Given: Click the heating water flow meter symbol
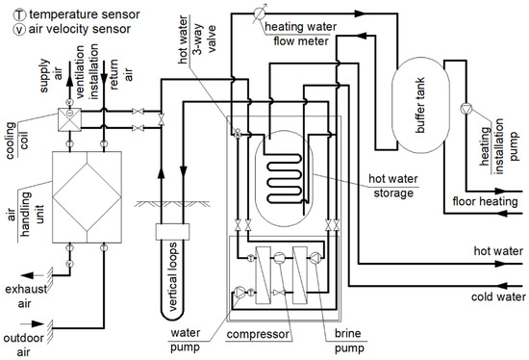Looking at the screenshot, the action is (260, 13).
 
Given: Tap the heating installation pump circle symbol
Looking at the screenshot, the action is (466, 109).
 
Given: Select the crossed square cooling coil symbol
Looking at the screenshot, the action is (69, 119).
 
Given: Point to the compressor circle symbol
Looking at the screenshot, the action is (279, 258).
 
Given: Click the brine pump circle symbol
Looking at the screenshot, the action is (315, 258).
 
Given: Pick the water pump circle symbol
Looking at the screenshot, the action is (239, 293).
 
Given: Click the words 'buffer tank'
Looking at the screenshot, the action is (420, 105).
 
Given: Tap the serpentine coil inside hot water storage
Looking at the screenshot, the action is (284, 178).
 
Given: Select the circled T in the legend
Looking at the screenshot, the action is (19, 14).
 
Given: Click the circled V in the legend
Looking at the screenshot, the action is (19, 30).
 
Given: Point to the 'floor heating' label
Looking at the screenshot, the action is (485, 201).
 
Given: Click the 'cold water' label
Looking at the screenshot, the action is (498, 296).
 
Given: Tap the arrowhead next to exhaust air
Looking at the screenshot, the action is (28, 275).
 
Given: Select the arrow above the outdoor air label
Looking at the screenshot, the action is (32, 323).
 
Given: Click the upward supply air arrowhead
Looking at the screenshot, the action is (69, 81).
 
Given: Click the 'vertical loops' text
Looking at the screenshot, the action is (172, 276).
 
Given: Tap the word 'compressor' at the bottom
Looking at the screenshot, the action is (258, 334).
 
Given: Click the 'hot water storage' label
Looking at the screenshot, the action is (393, 186).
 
